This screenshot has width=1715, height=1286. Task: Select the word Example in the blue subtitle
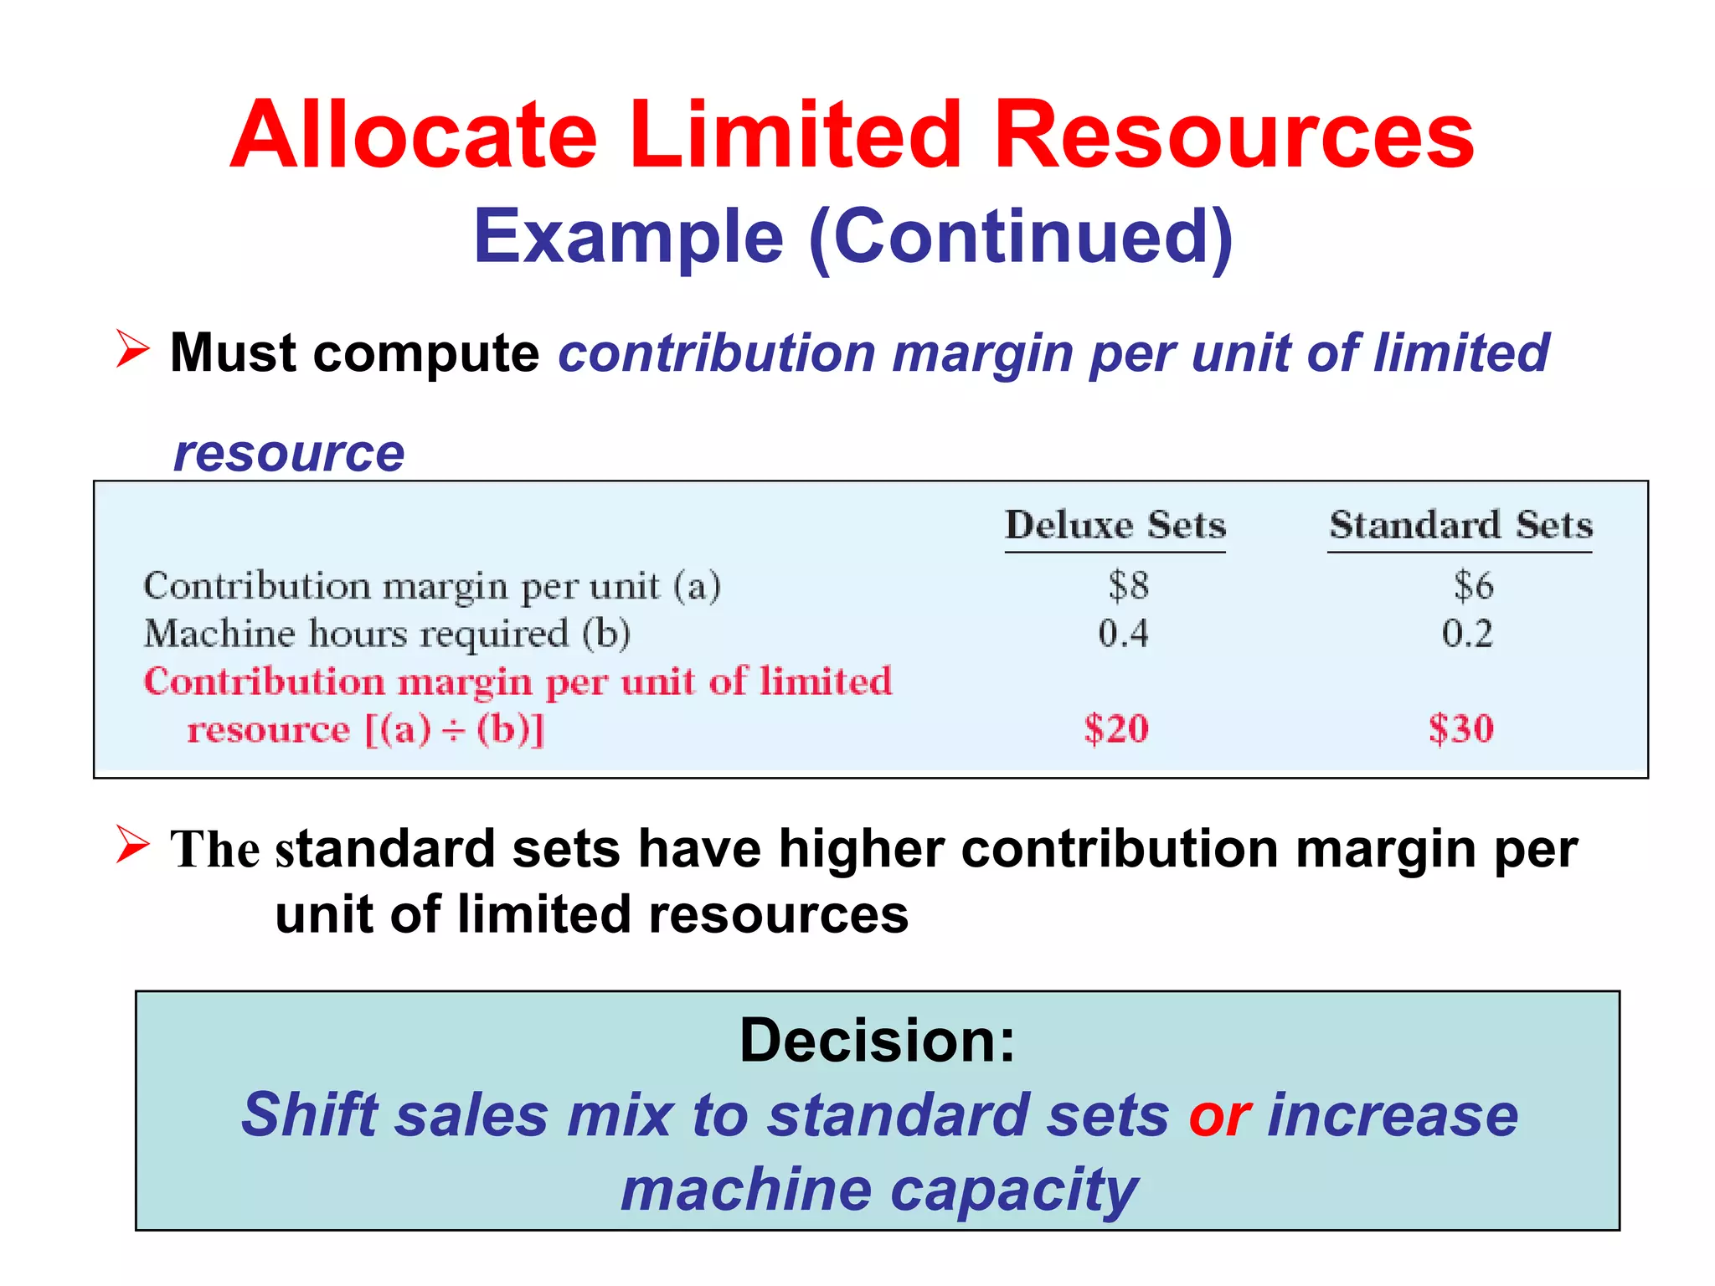[x=628, y=237]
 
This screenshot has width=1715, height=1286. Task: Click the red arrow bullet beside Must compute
[x=132, y=349]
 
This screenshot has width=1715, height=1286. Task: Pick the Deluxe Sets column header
[x=1115, y=526]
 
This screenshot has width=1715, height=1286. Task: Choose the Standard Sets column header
[x=1460, y=526]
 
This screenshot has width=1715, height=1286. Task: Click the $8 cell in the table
[x=1128, y=585]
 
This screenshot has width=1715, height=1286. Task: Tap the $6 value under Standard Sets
[x=1473, y=585]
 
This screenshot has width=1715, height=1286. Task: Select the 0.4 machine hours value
[x=1123, y=633]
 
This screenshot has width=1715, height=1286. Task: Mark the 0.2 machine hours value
[x=1467, y=633]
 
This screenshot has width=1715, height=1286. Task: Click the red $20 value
[x=1116, y=728]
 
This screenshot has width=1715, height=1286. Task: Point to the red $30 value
[x=1461, y=728]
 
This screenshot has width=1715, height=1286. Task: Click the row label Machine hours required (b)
[x=387, y=634]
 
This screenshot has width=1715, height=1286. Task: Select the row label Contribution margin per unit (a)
[x=432, y=586]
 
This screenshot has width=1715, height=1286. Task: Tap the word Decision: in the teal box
[x=877, y=1040]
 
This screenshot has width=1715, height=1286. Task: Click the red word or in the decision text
[x=1219, y=1115]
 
